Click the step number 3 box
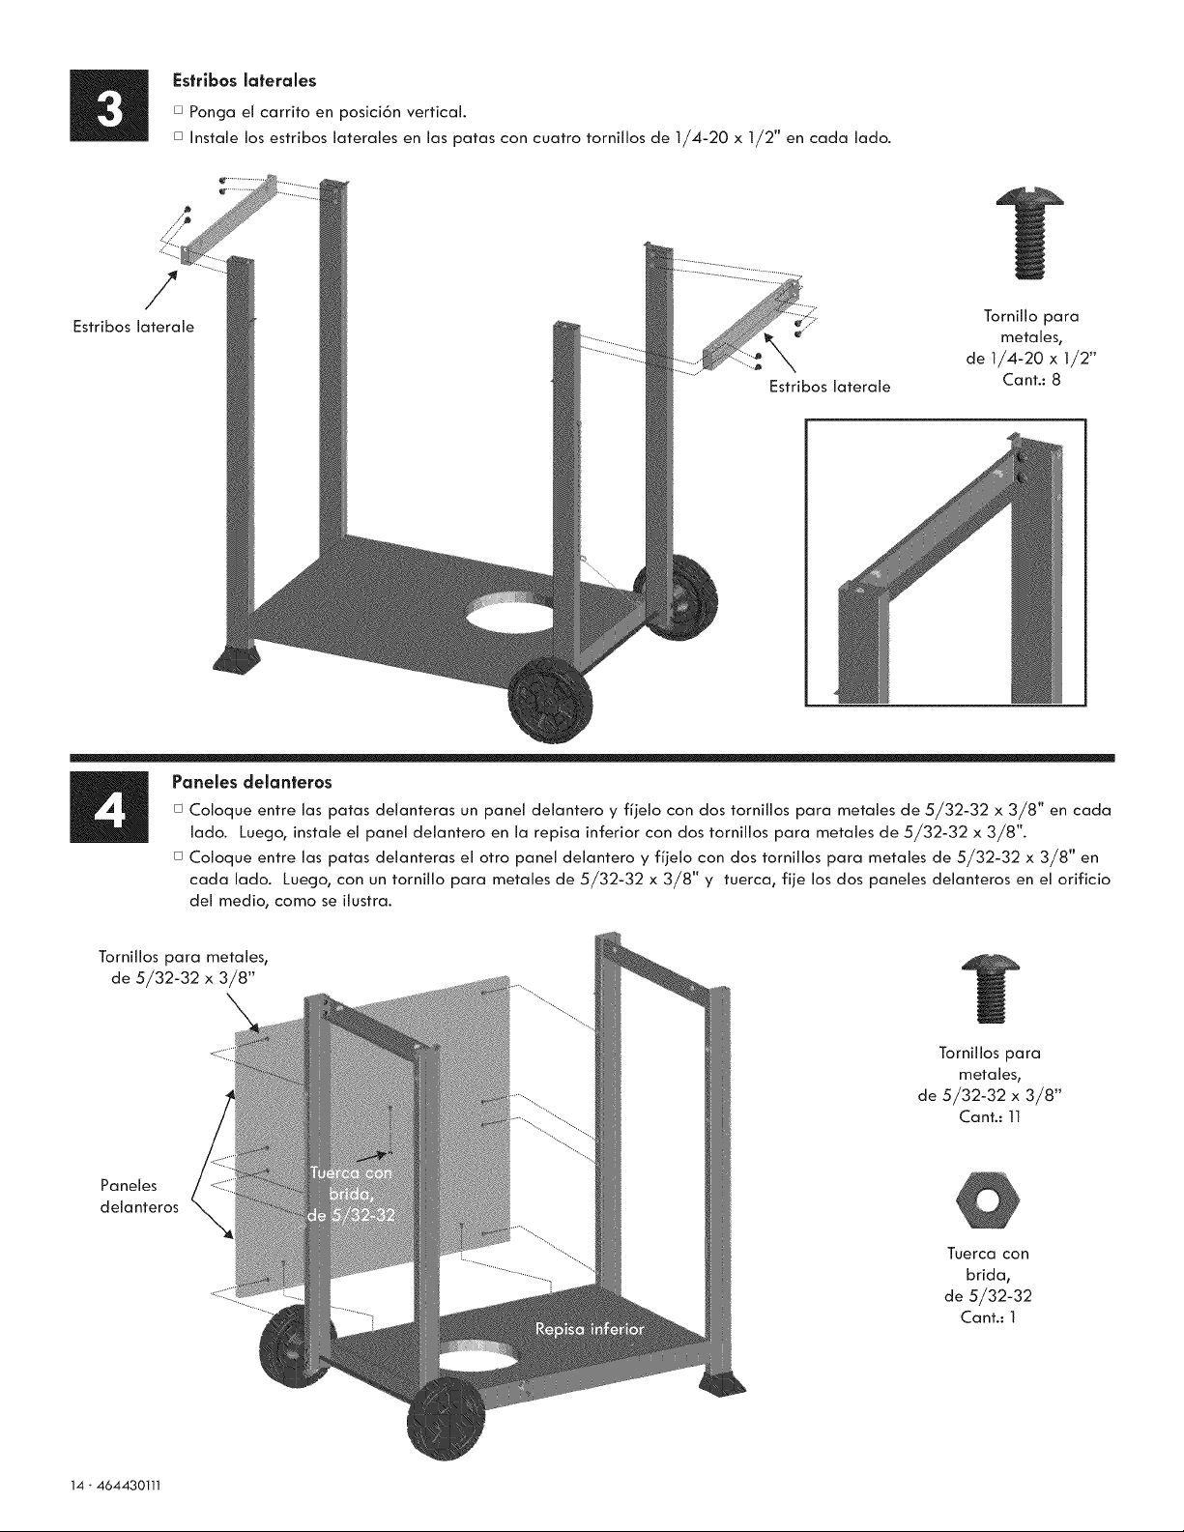[108, 105]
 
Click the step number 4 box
[108, 807]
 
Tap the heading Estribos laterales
[245, 81]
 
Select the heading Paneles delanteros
[251, 782]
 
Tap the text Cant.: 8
[1032, 380]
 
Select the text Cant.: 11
[990, 1117]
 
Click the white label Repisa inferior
[590, 1330]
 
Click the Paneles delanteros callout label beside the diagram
[139, 1197]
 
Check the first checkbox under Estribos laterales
[178, 111]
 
